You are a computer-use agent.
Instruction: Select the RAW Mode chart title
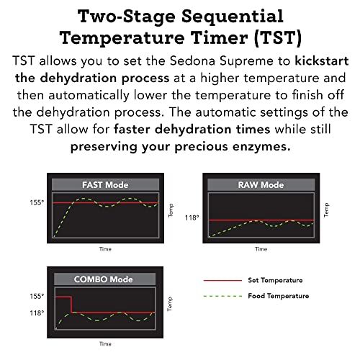tap(261, 185)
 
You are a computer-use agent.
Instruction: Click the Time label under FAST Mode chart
tap(106, 249)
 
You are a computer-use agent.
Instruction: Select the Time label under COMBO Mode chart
tap(106, 343)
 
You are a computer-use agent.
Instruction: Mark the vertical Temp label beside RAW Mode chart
tap(326, 210)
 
